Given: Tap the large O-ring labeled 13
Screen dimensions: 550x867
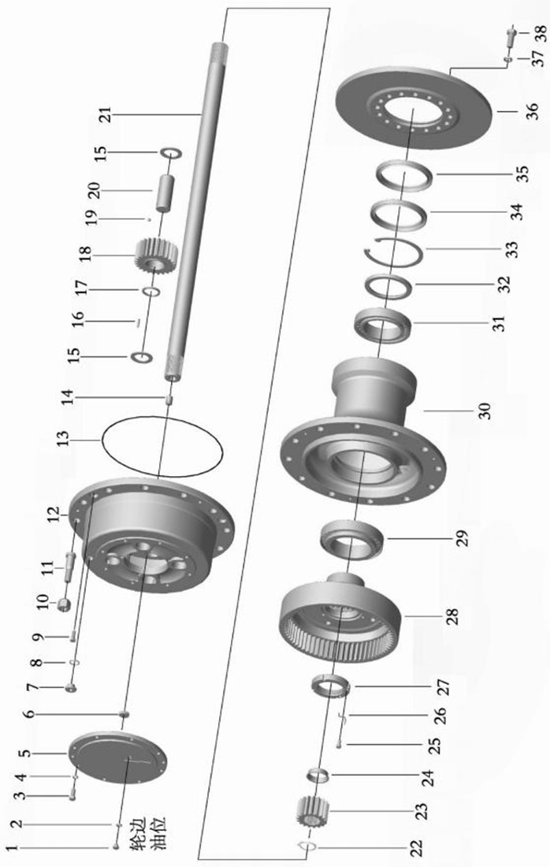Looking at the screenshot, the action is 162,446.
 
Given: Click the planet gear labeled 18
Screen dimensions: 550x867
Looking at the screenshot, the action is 156,255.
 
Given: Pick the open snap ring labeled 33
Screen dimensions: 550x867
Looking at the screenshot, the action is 396,249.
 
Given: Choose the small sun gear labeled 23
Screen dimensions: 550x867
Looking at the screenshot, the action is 314,813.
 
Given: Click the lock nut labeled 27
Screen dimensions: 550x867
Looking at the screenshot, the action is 331,687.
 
